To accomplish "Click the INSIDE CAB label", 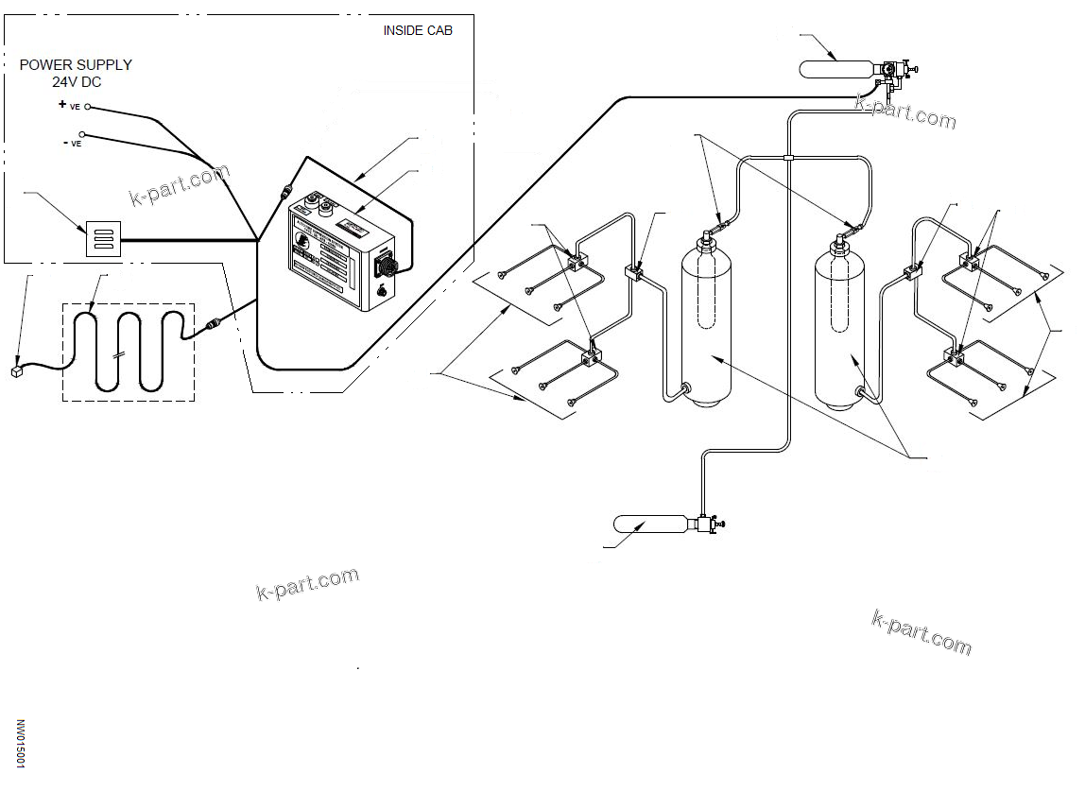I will (417, 30).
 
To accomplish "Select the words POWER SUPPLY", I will (76, 65).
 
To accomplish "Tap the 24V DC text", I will (76, 82).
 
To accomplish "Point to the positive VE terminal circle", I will (88, 107).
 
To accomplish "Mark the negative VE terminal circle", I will (83, 135).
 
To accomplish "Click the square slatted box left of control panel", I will (103, 238).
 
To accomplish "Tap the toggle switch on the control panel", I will (381, 291).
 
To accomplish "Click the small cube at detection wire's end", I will (17, 371).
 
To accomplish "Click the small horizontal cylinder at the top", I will (835, 69).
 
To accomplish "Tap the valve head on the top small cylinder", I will (889, 71).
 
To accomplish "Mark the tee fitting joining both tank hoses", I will (786, 157).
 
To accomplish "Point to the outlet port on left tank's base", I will (685, 387).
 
